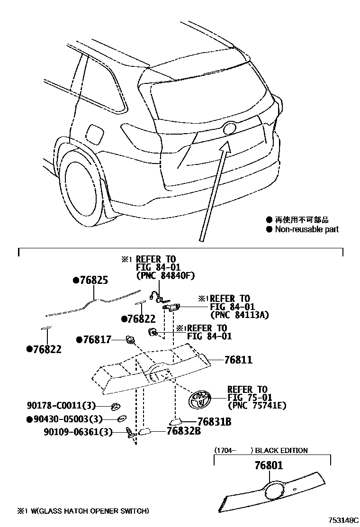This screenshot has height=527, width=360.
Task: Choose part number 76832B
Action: coord(183,431)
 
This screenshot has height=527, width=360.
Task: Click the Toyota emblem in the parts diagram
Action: coord(199,401)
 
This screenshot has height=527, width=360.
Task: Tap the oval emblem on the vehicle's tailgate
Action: coord(229,129)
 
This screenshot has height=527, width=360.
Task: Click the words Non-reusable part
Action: coord(307,229)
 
